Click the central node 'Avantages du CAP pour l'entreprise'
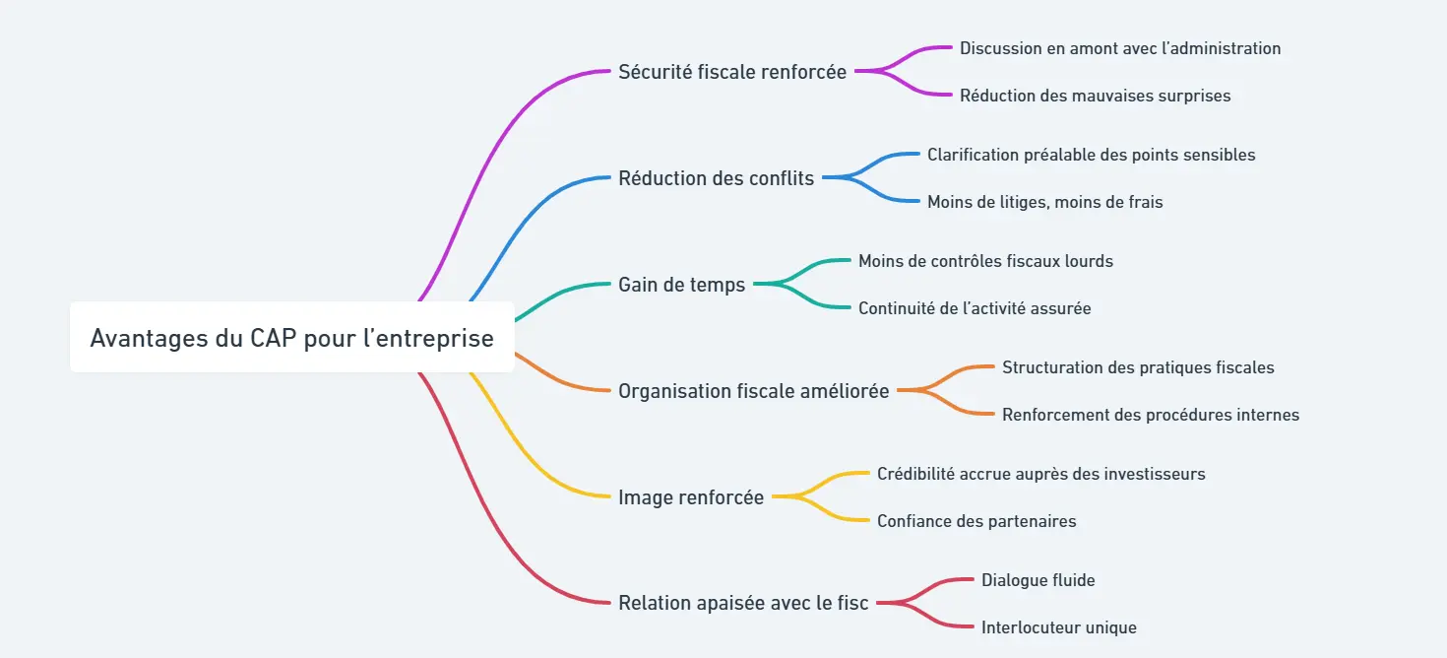291,338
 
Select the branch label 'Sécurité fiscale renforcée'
732,72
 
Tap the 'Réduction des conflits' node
716,178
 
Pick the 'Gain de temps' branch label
681,285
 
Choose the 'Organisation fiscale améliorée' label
753,391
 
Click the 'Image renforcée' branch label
690,497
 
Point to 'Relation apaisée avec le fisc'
743,603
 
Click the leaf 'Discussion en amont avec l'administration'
1120,48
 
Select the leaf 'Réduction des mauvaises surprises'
1095,96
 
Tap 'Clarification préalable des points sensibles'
1091,155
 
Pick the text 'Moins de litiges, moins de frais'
1044,202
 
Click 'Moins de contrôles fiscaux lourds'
985,261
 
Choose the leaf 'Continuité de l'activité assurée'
975,308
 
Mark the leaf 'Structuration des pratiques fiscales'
1138,367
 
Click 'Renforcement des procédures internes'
1150,415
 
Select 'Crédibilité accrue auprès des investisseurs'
1040,474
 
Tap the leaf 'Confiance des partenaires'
976,521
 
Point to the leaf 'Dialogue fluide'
1038,580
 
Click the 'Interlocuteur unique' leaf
1058,627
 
